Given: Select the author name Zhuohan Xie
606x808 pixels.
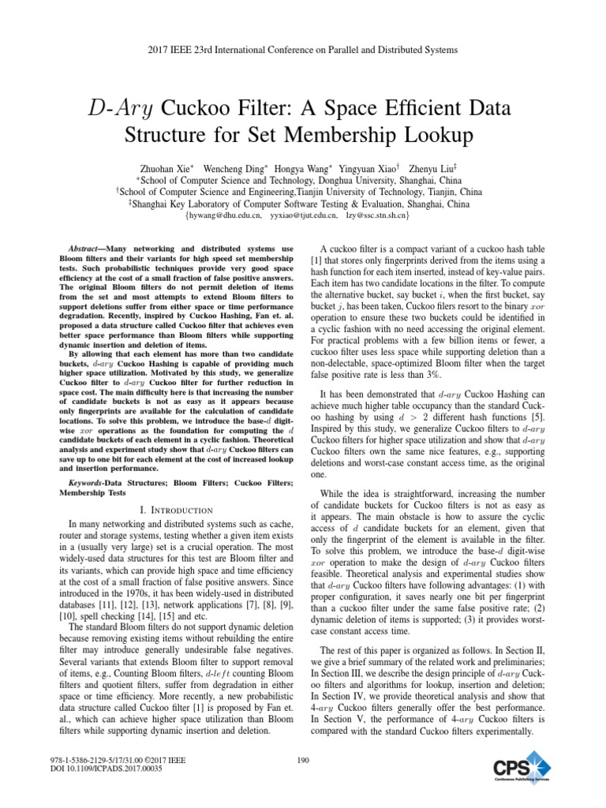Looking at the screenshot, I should [x=167, y=168].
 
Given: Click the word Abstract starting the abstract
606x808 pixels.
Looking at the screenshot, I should [x=84, y=249].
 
